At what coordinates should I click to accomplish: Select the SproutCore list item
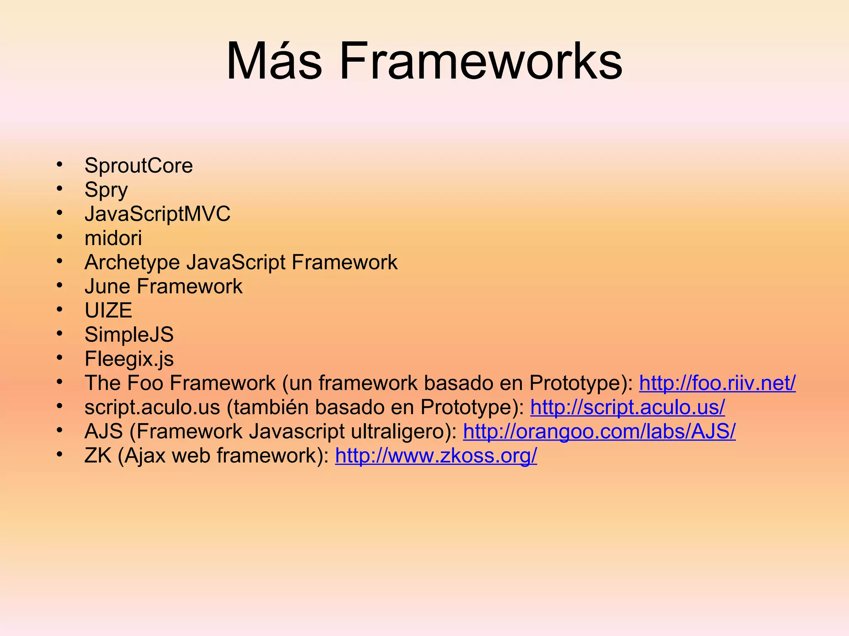[x=138, y=166]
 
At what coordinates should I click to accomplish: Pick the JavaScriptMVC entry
[x=157, y=214]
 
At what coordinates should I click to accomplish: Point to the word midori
[x=113, y=238]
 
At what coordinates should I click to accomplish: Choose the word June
[x=107, y=287]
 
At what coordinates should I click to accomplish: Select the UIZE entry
[x=108, y=311]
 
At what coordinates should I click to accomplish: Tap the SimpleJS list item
[x=129, y=335]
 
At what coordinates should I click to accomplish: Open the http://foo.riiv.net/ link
[x=717, y=383]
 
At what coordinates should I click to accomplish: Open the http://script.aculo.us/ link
[x=627, y=407]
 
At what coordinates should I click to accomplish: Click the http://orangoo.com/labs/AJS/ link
[x=599, y=431]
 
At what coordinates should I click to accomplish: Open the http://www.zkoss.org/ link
[x=436, y=455]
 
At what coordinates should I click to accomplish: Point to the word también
[x=269, y=407]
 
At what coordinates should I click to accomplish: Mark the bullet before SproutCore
[x=60, y=164]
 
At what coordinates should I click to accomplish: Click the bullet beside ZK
[x=60, y=455]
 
